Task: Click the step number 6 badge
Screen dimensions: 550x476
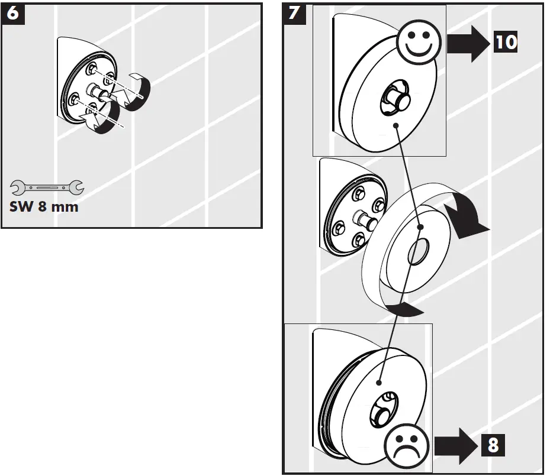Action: coord(13,14)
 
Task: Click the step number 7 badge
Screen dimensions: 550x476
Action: coord(294,14)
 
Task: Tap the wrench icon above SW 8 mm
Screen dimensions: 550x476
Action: coord(47,187)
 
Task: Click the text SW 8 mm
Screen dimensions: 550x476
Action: coord(44,206)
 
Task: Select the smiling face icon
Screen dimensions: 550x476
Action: coord(419,41)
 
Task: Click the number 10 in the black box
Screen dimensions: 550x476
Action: coord(506,41)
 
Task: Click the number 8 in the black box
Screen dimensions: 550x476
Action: coord(493,445)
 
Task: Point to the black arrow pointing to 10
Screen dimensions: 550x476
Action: coord(469,44)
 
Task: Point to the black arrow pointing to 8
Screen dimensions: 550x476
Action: coord(456,446)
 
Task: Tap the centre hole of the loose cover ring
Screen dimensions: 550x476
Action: coord(418,251)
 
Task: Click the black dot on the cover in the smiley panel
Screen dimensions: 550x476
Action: coord(396,125)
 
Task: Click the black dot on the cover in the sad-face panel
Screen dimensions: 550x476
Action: coord(379,383)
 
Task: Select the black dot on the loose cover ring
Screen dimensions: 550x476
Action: coord(420,227)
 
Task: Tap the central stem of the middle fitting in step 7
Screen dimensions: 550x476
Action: coord(365,219)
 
